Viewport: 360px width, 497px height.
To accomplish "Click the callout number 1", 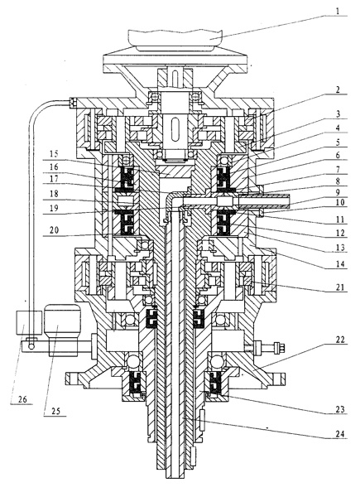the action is coord(338,12).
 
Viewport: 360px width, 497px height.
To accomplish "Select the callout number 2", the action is coord(338,89).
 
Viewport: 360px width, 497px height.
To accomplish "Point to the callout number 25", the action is coord(55,411).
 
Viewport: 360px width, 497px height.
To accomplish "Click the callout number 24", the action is coord(339,433).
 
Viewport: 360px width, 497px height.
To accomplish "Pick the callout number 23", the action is coord(339,409).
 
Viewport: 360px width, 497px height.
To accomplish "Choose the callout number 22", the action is coord(339,340).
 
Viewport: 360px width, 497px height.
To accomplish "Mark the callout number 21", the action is coord(339,287).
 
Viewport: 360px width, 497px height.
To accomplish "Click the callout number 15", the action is coord(54,155).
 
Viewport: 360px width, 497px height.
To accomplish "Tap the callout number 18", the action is coord(54,193).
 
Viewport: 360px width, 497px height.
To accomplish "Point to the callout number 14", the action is coord(339,264).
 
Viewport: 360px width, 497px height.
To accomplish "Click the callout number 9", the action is coord(338,192).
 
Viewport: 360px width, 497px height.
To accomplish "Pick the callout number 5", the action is coord(338,142).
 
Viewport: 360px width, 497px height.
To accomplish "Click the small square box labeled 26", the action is coord(29,323).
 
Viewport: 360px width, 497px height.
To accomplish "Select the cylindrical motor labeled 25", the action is coord(62,331).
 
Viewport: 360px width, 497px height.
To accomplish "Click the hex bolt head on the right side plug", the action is coord(279,346).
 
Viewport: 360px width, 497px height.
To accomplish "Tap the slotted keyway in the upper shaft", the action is coord(175,128).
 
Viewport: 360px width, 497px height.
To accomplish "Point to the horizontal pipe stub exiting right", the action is coord(264,201).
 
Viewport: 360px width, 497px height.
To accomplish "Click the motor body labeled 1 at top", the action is coord(175,40).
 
